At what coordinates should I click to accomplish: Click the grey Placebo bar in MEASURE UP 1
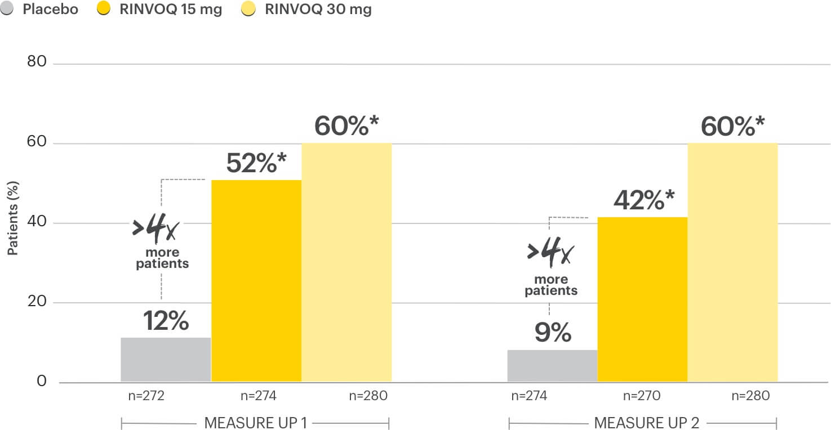(x=166, y=360)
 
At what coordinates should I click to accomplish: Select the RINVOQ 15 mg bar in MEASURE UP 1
(x=256, y=281)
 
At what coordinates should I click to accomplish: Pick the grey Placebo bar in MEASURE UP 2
(x=552, y=366)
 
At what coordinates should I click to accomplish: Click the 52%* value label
(x=256, y=163)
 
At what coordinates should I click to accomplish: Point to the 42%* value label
(x=643, y=200)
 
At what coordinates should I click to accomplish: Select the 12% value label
(x=166, y=321)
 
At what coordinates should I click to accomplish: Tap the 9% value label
(x=553, y=333)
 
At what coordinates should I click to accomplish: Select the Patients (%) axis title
(x=12, y=218)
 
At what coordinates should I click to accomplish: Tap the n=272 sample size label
(x=146, y=396)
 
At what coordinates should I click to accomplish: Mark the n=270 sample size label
(x=642, y=396)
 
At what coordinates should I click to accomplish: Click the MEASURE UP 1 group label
(x=255, y=423)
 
